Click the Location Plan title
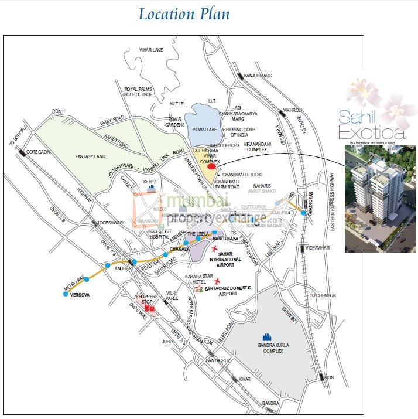[184, 14]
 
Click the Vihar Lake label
[150, 50]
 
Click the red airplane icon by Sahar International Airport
[216, 250]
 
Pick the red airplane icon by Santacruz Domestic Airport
[218, 281]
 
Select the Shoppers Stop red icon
[150, 308]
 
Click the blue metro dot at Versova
[65, 294]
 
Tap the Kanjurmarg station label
[258, 76]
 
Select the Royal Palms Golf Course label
[138, 92]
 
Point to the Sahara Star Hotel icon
[199, 289]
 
